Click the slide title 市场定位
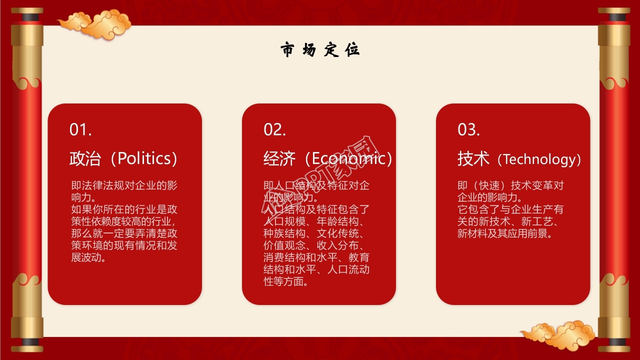point(320,50)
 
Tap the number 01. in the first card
point(80,130)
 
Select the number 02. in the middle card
point(274,130)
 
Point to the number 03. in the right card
point(468,130)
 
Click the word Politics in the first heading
point(144,159)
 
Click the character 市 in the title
point(287,50)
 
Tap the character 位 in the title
point(352,50)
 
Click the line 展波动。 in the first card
point(88,258)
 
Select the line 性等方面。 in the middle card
point(285,282)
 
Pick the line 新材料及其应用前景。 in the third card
point(505,233)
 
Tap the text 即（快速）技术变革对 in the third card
point(510,185)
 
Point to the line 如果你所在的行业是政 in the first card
point(124,209)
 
